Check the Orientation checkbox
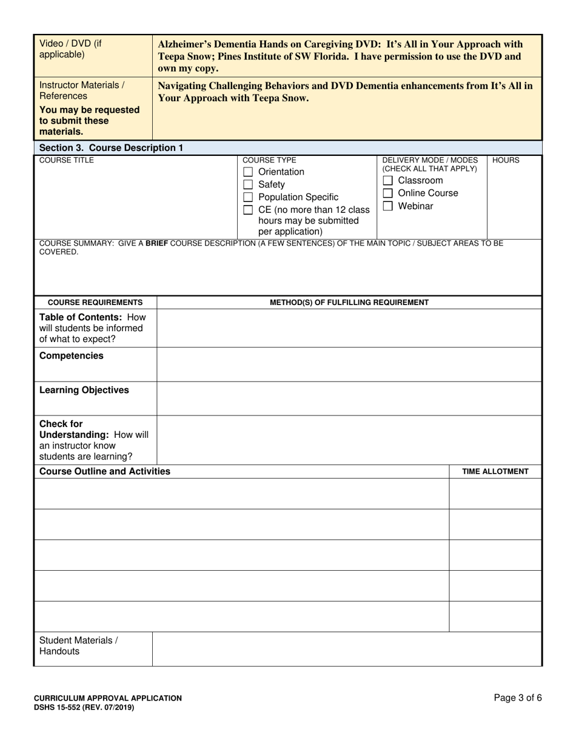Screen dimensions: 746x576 coord(247,172)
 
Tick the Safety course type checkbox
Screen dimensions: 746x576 coord(247,185)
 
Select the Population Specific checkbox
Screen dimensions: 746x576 coord(247,198)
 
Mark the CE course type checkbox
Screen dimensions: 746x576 coord(247,210)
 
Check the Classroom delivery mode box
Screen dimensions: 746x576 coord(388,181)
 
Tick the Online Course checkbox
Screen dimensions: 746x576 coord(388,193)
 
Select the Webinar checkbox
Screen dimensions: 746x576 coord(388,206)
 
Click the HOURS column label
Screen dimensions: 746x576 coord(506,161)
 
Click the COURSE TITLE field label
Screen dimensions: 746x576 coord(67,161)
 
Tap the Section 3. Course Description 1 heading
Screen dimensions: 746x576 coord(111,148)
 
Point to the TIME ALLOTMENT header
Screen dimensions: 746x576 coord(495,472)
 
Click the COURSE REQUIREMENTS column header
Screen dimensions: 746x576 coord(95,303)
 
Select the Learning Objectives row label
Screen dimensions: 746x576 coord(84,390)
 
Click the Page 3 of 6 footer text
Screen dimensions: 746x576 coord(518,698)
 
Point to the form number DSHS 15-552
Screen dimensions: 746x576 coord(84,707)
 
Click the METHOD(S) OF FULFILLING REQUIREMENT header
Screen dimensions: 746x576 coord(349,303)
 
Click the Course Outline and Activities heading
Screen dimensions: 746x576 coord(104,471)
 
